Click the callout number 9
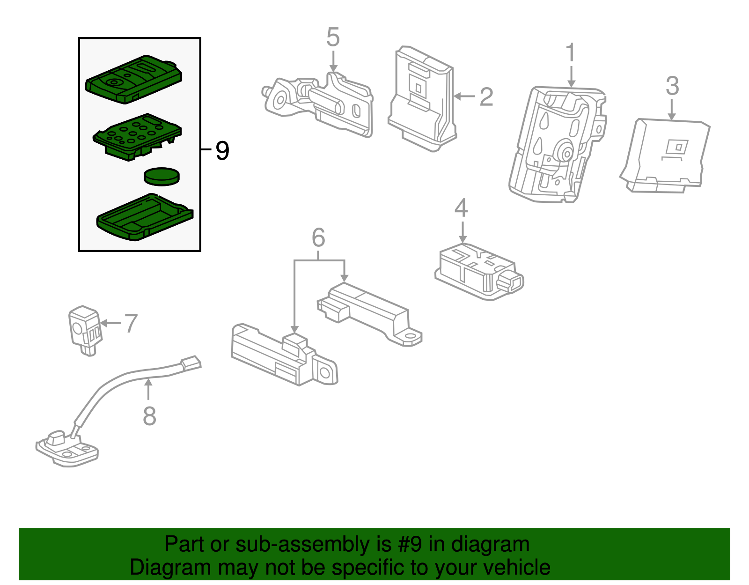click(222, 151)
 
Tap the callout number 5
click(333, 37)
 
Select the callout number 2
click(486, 97)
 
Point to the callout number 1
click(571, 52)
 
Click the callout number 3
click(673, 86)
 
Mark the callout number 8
click(149, 416)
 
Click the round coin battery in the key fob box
click(162, 177)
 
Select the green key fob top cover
click(134, 79)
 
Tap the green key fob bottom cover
click(145, 217)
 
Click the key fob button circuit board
click(137, 137)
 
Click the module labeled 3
click(665, 156)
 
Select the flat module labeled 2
click(423, 98)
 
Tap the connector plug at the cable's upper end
click(191, 363)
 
